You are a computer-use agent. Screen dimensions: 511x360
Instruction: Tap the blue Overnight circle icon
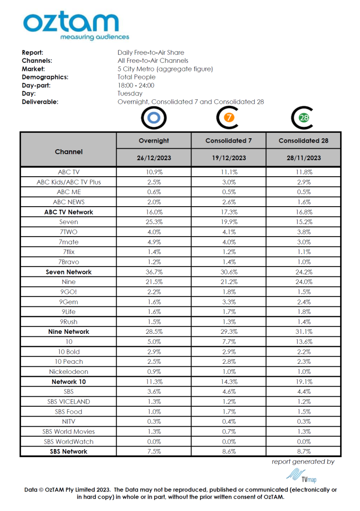154,118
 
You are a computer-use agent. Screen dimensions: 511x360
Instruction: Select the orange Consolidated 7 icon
228,118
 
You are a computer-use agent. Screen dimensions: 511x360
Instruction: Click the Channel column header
69,151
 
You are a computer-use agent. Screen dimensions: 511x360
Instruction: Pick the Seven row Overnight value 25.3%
154,222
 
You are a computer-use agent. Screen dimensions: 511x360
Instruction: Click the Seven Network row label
69,272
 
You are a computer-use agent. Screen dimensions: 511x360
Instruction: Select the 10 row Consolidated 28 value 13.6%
303,342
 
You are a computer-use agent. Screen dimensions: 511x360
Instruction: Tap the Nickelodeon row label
69,372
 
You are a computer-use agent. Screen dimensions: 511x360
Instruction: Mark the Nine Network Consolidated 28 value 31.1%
303,332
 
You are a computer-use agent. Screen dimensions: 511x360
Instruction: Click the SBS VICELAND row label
69,402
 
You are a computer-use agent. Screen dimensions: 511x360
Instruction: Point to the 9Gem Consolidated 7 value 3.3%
228,302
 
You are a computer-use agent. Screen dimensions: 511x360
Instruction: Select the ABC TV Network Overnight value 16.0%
154,212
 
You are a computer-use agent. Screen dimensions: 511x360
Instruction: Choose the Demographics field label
45,77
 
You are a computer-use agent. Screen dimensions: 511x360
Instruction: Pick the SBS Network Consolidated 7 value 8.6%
228,452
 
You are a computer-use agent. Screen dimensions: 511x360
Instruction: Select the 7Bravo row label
69,262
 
